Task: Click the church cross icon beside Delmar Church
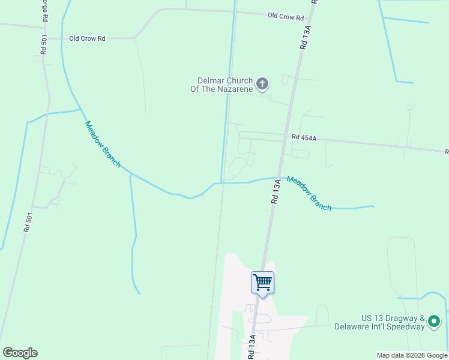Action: point(262,83)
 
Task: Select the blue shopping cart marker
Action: point(262,282)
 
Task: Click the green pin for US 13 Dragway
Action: point(435,322)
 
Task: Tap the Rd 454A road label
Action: point(304,137)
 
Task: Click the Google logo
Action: point(20,353)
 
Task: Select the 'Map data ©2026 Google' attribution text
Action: point(411,355)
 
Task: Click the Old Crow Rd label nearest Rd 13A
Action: point(285,17)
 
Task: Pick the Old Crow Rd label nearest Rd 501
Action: point(87,38)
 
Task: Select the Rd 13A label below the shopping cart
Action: point(253,347)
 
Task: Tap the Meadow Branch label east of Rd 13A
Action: point(309,193)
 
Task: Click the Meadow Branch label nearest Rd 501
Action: point(103,144)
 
